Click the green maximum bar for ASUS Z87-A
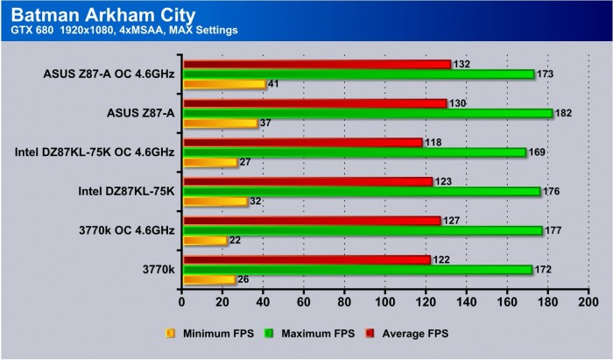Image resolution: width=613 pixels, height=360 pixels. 367,113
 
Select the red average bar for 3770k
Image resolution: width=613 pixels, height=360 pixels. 306,260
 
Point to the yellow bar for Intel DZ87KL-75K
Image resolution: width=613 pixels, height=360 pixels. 215,201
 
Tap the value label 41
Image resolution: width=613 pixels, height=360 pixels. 275,84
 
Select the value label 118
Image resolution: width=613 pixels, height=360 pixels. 433,142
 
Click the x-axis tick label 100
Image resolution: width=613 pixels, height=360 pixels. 384,302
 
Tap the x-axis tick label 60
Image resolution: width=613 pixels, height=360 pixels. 304,302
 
